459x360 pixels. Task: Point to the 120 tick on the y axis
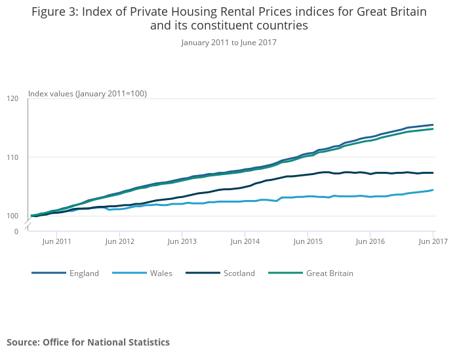[12, 98]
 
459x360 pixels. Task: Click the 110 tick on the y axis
[12, 157]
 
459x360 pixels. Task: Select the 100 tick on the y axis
[12, 216]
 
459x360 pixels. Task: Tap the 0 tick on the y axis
[16, 231]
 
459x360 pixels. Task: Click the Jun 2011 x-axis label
[56, 241]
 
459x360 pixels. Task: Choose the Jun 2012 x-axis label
[119, 241]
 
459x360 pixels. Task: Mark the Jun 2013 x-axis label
[182, 241]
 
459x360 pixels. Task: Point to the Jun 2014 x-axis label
[245, 241]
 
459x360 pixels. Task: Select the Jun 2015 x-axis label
[308, 241]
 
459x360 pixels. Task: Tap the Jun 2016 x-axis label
[370, 241]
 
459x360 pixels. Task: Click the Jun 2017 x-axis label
[433, 241]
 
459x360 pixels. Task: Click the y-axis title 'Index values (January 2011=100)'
[87, 94]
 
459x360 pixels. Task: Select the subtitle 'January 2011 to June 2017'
[229, 43]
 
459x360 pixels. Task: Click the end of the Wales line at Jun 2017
[433, 190]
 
